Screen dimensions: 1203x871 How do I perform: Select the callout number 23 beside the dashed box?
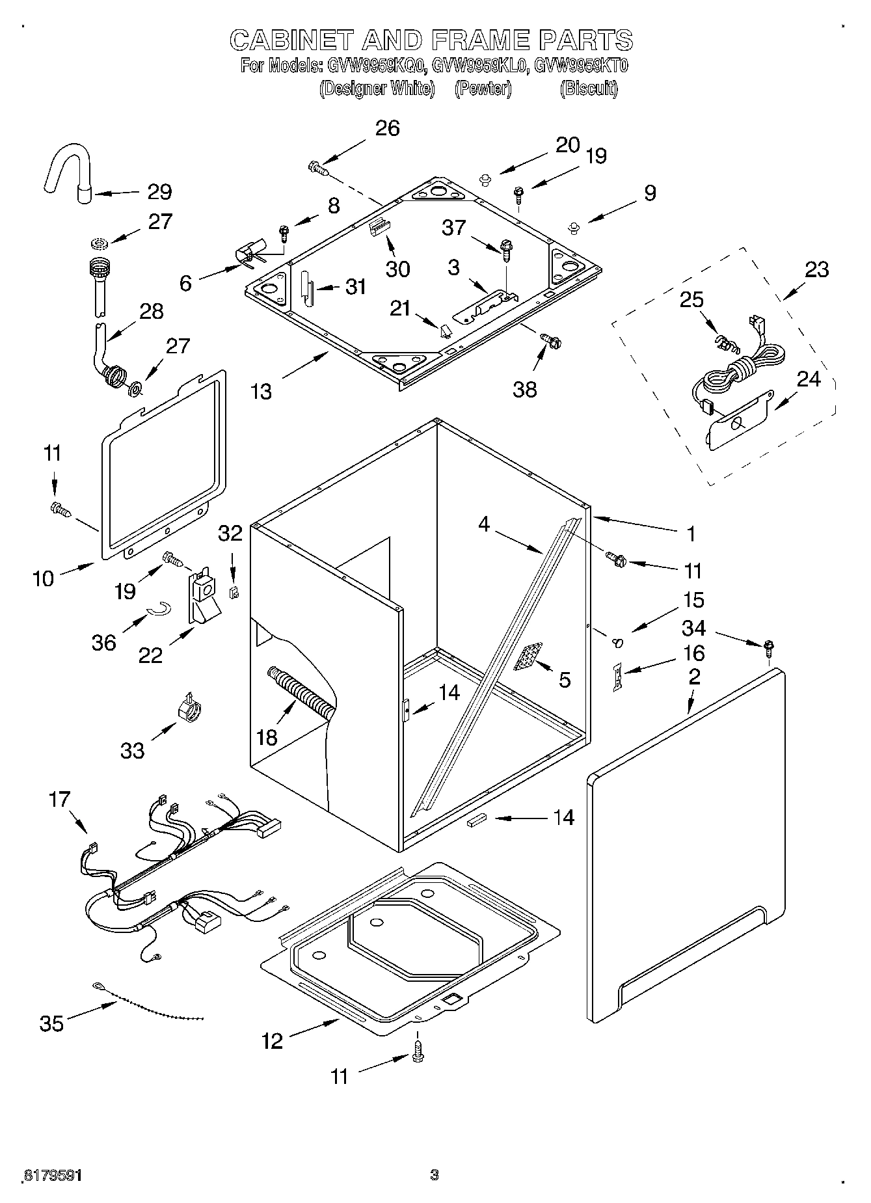click(x=816, y=269)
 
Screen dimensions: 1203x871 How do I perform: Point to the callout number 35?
click(x=52, y=1023)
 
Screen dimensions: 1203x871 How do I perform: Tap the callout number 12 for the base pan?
click(x=273, y=1041)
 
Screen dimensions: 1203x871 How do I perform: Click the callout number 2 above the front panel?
click(x=694, y=677)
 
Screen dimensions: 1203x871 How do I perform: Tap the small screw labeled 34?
click(x=770, y=647)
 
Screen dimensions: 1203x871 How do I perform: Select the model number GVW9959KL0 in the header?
click(x=479, y=66)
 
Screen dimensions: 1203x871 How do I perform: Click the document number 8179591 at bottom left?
click(x=52, y=1175)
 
